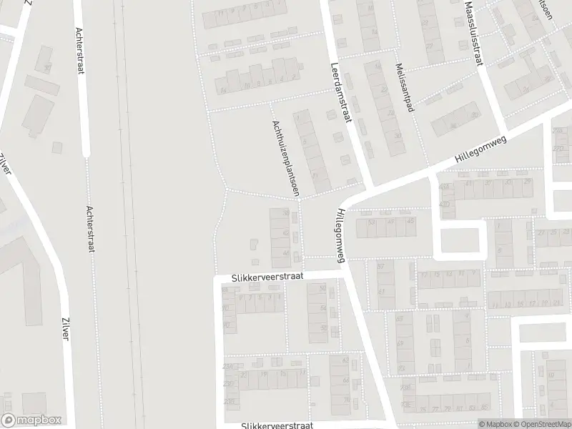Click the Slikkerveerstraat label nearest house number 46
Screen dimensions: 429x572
[x=267, y=275]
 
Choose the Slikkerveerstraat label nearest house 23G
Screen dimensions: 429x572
[x=277, y=425]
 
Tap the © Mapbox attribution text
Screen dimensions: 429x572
[x=496, y=424]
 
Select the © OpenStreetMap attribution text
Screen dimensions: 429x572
[x=541, y=424]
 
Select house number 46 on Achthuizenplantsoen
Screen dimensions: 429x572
[x=287, y=255]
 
